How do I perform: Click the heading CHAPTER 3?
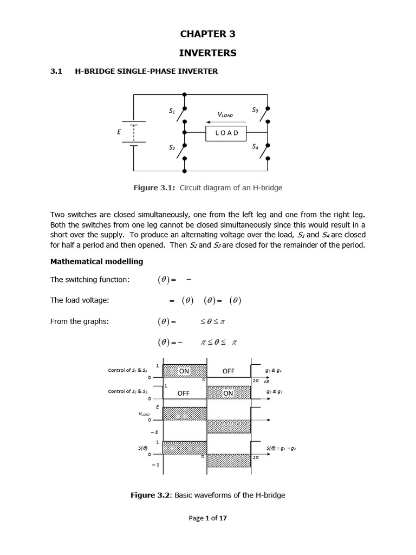(x=207, y=34)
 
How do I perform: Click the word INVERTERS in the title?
(x=207, y=53)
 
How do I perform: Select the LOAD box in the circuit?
(x=226, y=133)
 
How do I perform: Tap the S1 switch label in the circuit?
(x=172, y=111)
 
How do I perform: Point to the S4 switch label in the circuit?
(x=255, y=146)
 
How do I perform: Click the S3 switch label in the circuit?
(x=255, y=110)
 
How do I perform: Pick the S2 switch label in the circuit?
(x=172, y=147)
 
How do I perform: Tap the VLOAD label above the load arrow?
(x=225, y=115)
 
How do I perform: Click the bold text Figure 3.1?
(x=154, y=188)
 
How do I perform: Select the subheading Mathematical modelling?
(x=96, y=261)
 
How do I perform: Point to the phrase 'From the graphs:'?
(x=80, y=321)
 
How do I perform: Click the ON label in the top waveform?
(x=184, y=371)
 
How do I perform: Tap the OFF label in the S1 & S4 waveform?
(x=228, y=371)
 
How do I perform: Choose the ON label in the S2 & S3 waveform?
(x=228, y=393)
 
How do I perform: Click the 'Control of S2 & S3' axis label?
(x=128, y=391)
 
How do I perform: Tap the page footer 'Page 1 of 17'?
(x=207, y=518)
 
